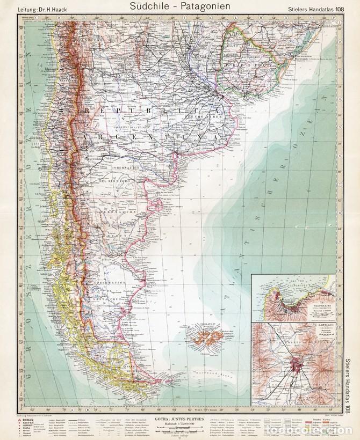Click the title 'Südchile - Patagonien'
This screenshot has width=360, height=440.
pos(179,6)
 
